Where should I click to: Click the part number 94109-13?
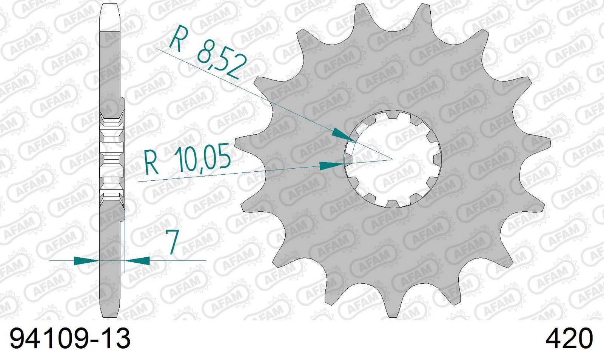pos(70,338)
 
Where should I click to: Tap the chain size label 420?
pos(569,338)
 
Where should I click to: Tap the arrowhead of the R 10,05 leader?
pos(332,165)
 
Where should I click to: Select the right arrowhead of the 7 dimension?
pos(137,260)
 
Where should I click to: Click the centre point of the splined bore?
pos(393,159)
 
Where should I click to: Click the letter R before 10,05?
pos(151,164)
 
